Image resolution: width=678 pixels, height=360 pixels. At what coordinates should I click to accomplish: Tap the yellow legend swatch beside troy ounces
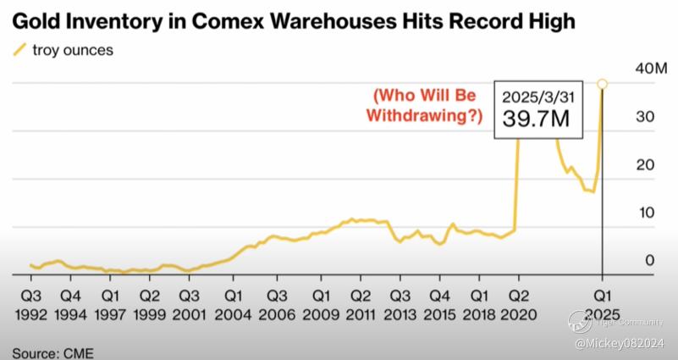tap(19, 50)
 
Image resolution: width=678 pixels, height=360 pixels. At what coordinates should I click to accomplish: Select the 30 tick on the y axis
tap(646, 117)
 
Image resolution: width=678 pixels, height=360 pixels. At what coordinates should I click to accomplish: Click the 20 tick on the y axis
tap(646, 165)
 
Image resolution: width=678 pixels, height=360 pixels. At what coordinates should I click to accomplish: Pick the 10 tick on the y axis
tap(646, 213)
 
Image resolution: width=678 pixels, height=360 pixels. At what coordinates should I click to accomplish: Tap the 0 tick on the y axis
tap(650, 261)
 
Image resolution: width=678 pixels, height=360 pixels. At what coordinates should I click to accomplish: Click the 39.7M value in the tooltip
tap(536, 119)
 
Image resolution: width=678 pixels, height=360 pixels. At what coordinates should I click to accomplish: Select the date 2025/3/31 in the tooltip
tap(536, 95)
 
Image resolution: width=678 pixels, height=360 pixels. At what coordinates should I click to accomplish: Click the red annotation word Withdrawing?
tap(422, 115)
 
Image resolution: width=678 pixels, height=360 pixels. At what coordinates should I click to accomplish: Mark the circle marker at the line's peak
tap(603, 83)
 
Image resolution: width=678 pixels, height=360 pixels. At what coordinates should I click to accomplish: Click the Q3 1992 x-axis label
tap(31, 306)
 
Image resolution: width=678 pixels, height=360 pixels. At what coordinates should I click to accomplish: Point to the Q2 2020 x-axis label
tap(519, 306)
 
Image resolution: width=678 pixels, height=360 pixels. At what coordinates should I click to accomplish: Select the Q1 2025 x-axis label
tap(603, 306)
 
